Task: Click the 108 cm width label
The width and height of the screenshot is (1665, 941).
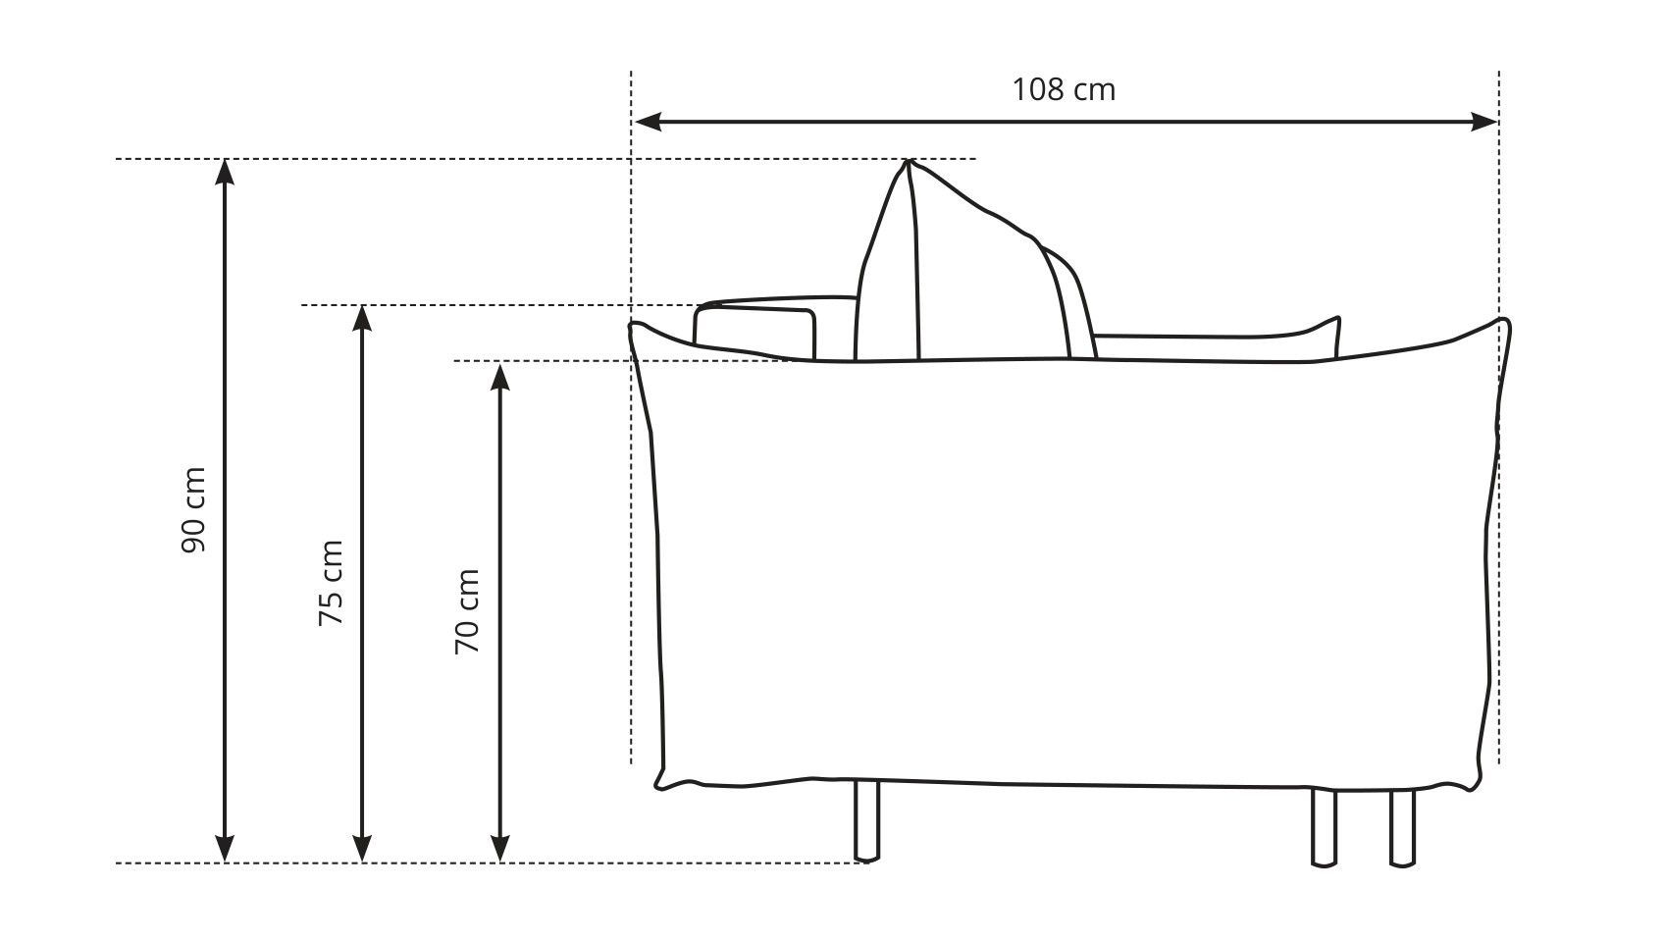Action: tap(1064, 90)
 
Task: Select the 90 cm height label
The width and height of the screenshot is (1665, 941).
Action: tap(193, 510)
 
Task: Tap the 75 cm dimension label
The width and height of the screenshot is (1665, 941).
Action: tap(331, 583)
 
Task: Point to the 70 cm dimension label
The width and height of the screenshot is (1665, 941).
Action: tap(467, 611)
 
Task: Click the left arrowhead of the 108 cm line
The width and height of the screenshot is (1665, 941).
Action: tap(648, 122)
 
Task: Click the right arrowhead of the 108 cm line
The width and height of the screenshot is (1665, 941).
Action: tap(1484, 122)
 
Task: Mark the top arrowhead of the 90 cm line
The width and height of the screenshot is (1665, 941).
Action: tap(225, 173)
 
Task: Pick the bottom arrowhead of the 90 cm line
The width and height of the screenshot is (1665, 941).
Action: tap(225, 850)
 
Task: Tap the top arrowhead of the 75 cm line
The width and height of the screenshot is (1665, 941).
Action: tap(362, 318)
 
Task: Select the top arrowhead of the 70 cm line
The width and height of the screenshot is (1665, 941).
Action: tap(500, 376)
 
